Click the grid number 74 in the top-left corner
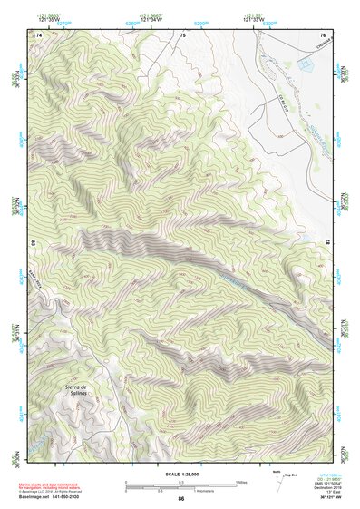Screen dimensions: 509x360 40,34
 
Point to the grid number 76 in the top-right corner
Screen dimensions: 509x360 322,34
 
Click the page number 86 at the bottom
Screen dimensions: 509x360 180,499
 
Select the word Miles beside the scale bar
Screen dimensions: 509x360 243,481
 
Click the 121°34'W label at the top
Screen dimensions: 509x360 151,19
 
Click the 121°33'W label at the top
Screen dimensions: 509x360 250,19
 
